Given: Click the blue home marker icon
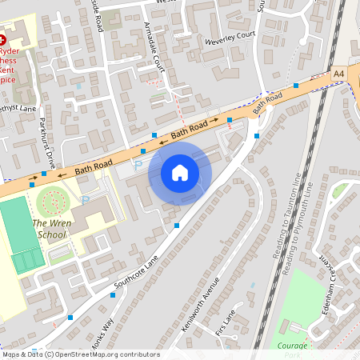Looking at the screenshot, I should click(180, 173).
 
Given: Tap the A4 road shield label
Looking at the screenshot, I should click(339, 74).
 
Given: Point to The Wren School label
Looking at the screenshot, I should click(48, 230).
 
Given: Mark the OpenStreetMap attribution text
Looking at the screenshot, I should click(80, 354).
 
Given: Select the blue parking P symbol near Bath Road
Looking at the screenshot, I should click(138, 164).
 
